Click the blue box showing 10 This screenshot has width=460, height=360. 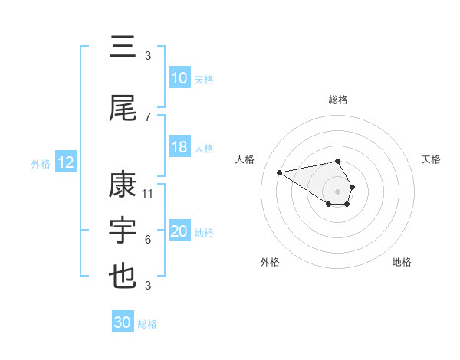(179, 78)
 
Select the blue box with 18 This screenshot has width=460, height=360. (179, 148)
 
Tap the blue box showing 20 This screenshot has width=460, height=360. (179, 232)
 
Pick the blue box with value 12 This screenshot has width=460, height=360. (66, 163)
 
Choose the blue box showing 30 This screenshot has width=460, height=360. (123, 323)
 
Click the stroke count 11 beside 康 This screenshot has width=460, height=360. (148, 194)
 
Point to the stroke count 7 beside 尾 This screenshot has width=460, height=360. (148, 116)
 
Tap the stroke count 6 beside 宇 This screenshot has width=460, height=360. (148, 240)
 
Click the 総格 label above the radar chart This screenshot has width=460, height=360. (338, 100)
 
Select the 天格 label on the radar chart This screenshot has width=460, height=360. (432, 159)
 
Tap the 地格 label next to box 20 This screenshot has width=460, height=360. (204, 233)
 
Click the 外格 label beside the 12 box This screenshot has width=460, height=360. (41, 163)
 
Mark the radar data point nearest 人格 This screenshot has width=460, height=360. (279, 172)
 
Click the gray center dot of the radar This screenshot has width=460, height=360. (338, 191)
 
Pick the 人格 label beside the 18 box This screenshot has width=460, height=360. (204, 149)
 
